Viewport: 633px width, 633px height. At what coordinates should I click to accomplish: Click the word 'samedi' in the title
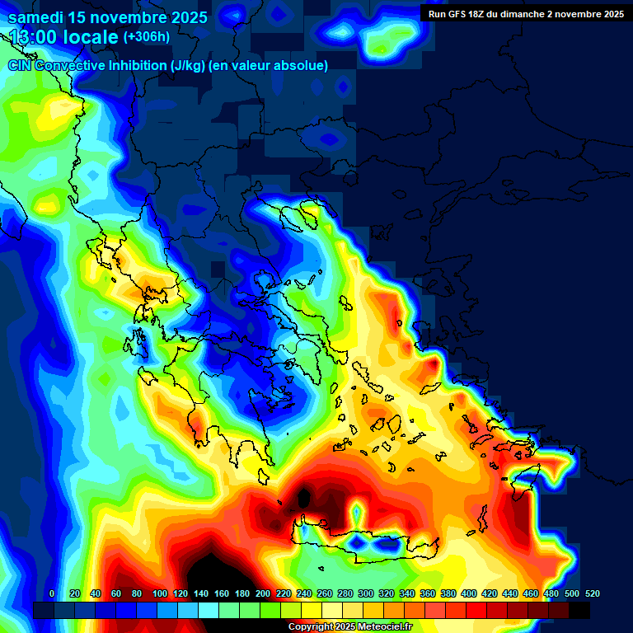pos(36,16)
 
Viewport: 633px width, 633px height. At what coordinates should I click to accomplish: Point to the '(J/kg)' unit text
pos(189,66)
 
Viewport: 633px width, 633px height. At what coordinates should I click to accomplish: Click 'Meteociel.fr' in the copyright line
pos(381,627)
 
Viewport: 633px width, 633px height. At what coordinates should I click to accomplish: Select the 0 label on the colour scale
pos(52,593)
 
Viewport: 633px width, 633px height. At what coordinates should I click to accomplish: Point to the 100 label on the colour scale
pos(159,593)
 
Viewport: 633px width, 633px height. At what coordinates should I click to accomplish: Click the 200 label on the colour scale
pos(263,593)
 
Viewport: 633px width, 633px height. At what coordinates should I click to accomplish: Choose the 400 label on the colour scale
pos(469,593)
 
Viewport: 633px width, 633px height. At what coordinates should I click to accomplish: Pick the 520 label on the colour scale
pos(592,593)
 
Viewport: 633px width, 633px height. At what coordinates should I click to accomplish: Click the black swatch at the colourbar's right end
pos(579,610)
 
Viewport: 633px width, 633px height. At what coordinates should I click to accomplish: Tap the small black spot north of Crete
pos(304,497)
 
